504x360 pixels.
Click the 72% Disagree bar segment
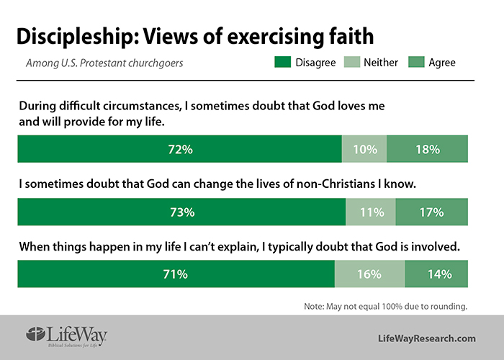(179, 150)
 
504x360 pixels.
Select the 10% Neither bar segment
(364, 150)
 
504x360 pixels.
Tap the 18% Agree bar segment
(428, 150)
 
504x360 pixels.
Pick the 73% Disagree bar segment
(181, 212)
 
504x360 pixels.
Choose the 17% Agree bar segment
(431, 212)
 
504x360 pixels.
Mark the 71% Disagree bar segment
(176, 274)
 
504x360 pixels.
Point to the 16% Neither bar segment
(370, 274)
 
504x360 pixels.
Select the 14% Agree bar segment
(437, 274)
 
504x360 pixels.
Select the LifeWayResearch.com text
(427, 338)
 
